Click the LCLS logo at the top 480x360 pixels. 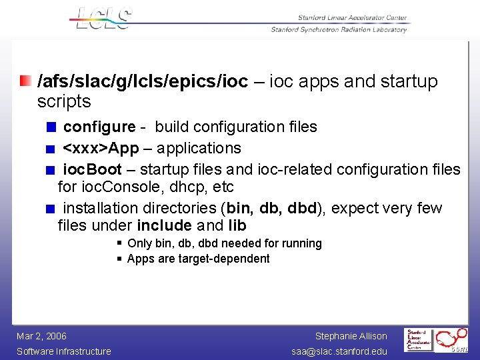pyautogui.click(x=104, y=19)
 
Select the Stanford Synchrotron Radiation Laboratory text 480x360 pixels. pyautogui.click(x=339, y=29)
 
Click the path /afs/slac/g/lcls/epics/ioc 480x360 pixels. pyautogui.click(x=143, y=81)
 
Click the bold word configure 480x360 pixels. pyautogui.click(x=99, y=127)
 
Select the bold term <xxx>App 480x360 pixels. pyautogui.click(x=101, y=148)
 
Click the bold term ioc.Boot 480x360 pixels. pyautogui.click(x=93, y=169)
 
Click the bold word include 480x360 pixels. pyautogui.click(x=165, y=225)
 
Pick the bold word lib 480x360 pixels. pyautogui.click(x=237, y=225)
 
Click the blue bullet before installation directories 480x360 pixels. pyautogui.click(x=50, y=209)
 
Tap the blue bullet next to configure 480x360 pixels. pyautogui.click(x=50, y=127)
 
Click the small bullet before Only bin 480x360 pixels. pyautogui.click(x=119, y=243)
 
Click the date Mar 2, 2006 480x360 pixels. pyautogui.click(x=41, y=336)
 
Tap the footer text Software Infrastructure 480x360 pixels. pyautogui.click(x=64, y=351)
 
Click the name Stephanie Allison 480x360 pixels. pyautogui.click(x=351, y=336)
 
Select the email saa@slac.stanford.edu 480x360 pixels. pyautogui.click(x=340, y=351)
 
